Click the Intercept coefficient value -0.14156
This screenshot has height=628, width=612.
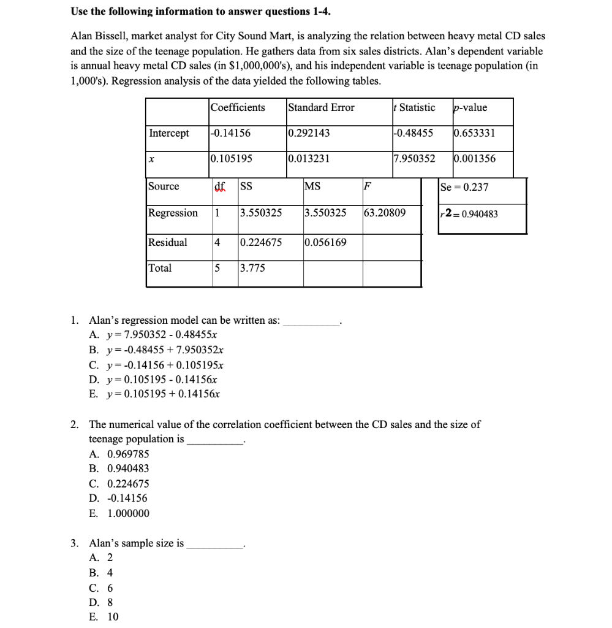coord(231,133)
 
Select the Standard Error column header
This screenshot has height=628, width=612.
coord(322,107)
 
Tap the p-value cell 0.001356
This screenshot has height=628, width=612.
coord(475,159)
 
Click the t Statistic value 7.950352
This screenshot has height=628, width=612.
coord(415,159)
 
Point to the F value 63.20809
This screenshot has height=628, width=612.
coord(385,213)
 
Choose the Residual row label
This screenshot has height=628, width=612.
coord(168,242)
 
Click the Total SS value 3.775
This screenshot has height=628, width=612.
coord(253,268)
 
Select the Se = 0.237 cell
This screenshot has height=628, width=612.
coord(464,187)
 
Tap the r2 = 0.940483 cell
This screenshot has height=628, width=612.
coord(469,213)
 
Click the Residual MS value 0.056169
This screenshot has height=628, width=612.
coord(325,242)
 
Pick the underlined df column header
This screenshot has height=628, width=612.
coord(219,186)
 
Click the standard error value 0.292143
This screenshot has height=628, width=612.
coord(309,133)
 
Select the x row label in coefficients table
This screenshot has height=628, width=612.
coord(151,159)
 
